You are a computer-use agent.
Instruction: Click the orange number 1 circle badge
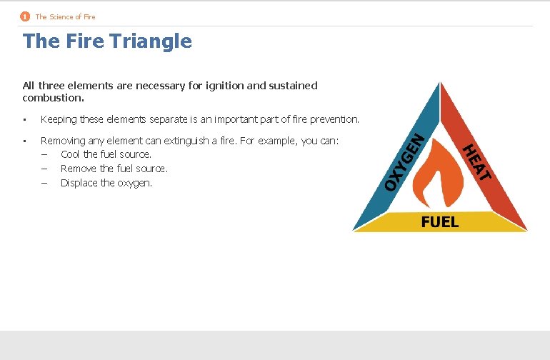coord(25,16)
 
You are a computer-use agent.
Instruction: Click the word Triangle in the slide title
coord(151,41)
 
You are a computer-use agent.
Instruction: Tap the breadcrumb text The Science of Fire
coord(65,16)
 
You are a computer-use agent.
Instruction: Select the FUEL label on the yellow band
coord(440,222)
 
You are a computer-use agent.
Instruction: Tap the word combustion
coord(52,97)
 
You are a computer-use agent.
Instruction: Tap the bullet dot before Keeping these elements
coord(25,119)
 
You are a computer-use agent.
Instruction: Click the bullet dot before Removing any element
coord(25,141)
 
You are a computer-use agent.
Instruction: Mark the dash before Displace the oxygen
coord(44,183)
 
